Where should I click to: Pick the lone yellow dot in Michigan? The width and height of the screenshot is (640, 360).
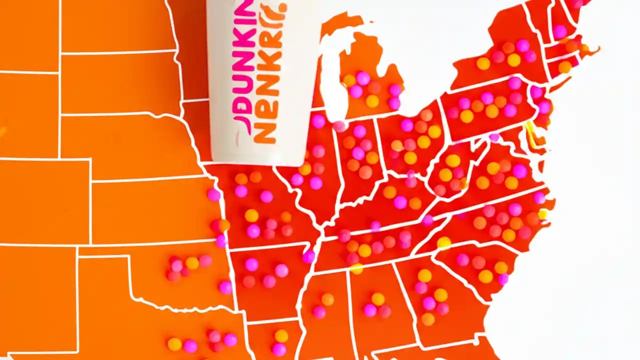point(372,101)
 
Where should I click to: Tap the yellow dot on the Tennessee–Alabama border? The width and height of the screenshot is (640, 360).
point(356,268)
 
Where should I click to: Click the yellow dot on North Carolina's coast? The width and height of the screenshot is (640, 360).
point(542,215)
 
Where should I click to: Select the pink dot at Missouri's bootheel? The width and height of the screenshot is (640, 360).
point(309,256)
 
